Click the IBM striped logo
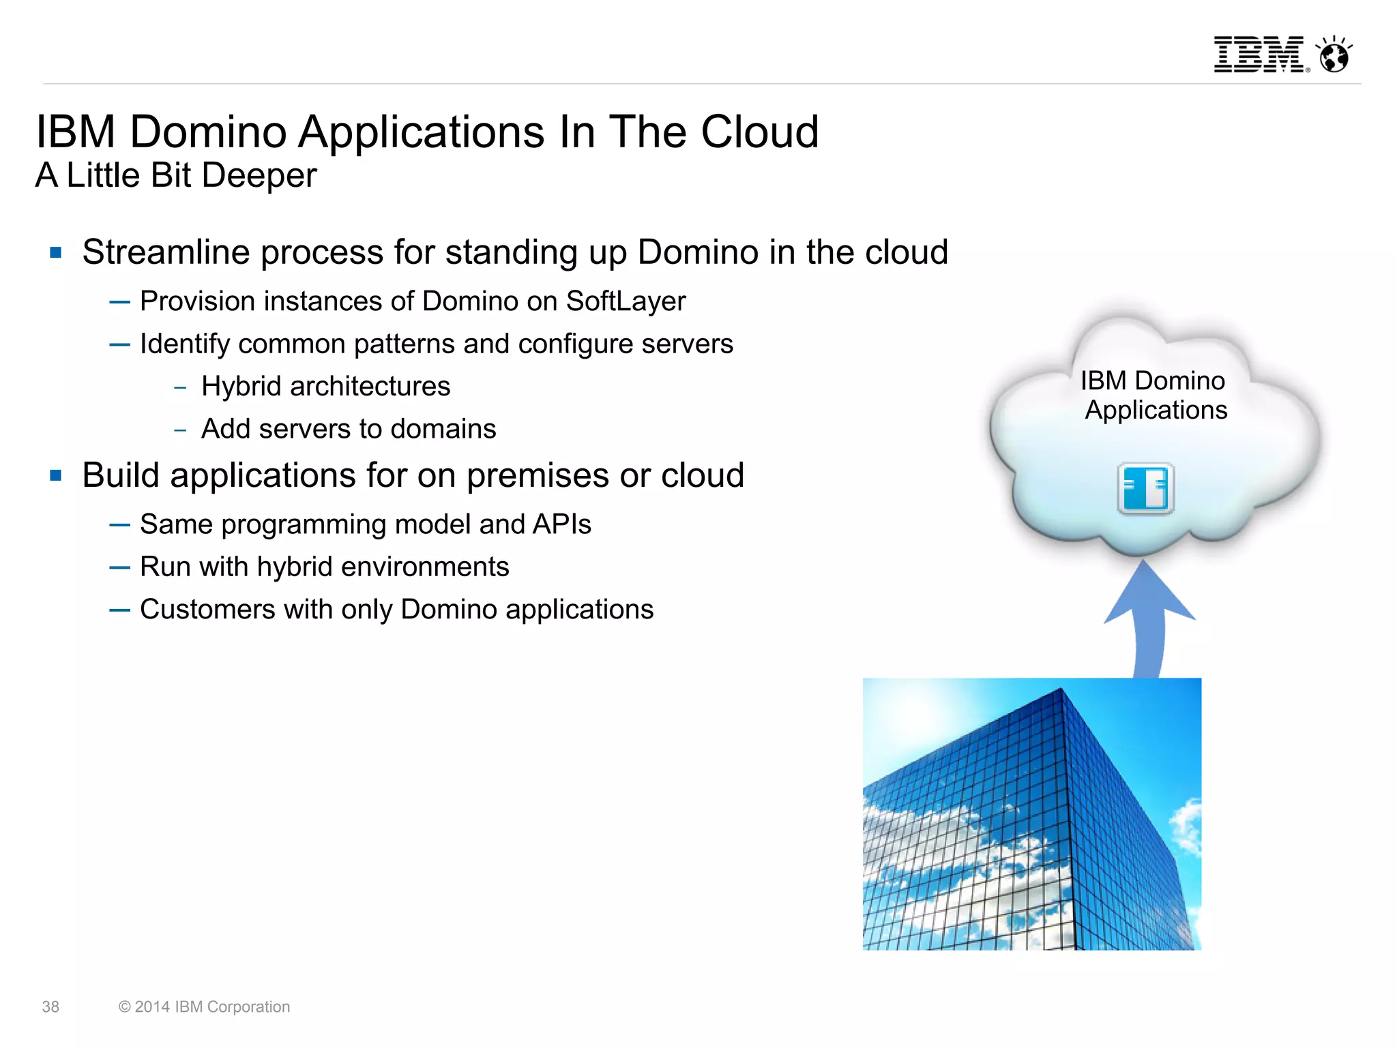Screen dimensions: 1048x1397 click(x=1259, y=55)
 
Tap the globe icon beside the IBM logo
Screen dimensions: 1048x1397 click(x=1334, y=55)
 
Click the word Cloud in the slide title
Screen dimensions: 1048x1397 click(x=759, y=132)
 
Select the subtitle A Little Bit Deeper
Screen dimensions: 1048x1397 click(x=176, y=175)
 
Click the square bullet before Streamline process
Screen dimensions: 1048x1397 click(x=56, y=253)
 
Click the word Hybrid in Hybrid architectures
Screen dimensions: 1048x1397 click(x=241, y=387)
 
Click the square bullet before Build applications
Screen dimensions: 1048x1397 click(x=56, y=475)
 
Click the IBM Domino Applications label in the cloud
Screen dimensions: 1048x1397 click(x=1153, y=395)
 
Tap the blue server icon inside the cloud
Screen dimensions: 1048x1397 click(x=1146, y=488)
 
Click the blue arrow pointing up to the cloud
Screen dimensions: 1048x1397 click(x=1149, y=614)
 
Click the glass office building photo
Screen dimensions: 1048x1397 click(x=1031, y=813)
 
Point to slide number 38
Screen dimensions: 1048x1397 click(x=50, y=1007)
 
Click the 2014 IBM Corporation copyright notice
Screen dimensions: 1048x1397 click(x=205, y=1007)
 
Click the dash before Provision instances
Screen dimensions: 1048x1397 click(x=119, y=302)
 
